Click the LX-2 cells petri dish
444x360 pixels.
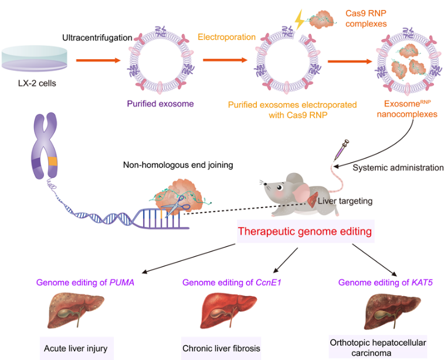click(x=35, y=59)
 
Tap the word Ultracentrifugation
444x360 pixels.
click(x=97, y=38)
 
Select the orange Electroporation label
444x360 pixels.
click(x=226, y=37)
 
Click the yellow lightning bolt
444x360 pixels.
click(x=299, y=19)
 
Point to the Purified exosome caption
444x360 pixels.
click(x=160, y=104)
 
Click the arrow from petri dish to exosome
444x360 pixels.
click(x=99, y=60)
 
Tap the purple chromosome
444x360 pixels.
click(x=45, y=145)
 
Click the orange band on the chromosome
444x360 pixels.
click(x=53, y=161)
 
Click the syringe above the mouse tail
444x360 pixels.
click(x=341, y=150)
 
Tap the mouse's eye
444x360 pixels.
click(x=280, y=188)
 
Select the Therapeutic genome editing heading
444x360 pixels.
click(x=304, y=231)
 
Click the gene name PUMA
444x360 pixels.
click(x=122, y=283)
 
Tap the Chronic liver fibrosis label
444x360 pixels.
click(x=221, y=348)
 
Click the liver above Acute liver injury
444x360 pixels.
click(x=74, y=311)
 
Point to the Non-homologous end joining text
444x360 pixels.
click(x=178, y=165)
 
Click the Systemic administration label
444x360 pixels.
click(x=398, y=168)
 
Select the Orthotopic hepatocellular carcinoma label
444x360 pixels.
click(x=378, y=348)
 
